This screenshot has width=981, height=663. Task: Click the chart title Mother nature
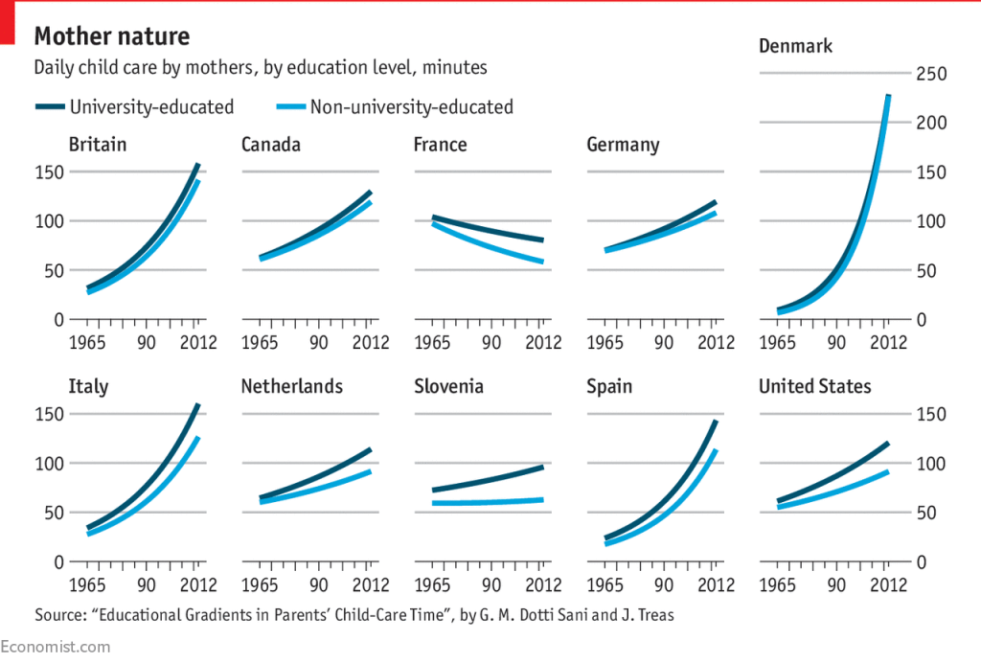click(x=112, y=37)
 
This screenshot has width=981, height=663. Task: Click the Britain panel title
click(x=98, y=145)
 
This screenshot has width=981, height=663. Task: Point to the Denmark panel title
click(x=795, y=46)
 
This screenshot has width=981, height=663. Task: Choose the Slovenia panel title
click(x=448, y=387)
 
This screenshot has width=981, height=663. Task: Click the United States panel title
click(x=814, y=387)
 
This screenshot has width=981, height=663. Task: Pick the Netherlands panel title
click(x=291, y=387)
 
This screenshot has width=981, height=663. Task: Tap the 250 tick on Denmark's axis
click(x=931, y=74)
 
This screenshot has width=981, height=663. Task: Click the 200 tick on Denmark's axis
click(x=931, y=123)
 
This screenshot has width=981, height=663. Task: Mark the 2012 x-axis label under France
click(x=542, y=343)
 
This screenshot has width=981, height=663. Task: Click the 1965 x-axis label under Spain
click(x=606, y=585)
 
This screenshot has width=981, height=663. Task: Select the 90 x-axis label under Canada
click(x=318, y=343)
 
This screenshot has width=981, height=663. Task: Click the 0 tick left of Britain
click(x=57, y=320)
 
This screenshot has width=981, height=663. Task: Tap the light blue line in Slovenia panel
click(x=489, y=501)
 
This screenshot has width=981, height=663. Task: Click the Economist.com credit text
click(x=55, y=647)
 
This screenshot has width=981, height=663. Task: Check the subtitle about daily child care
click(x=261, y=68)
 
